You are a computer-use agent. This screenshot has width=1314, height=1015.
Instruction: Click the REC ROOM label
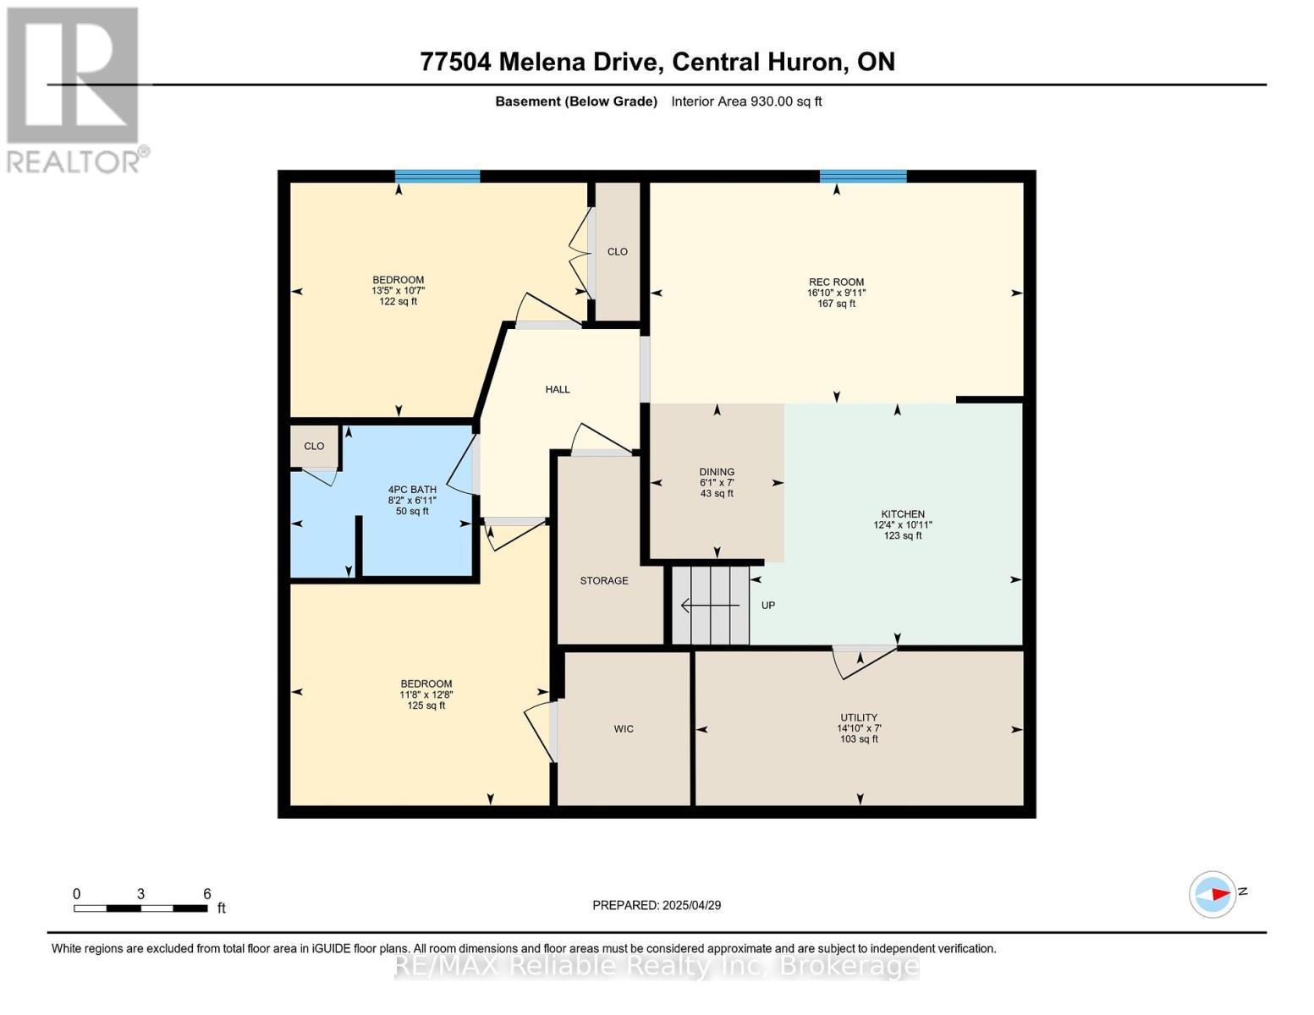pyautogui.click(x=836, y=283)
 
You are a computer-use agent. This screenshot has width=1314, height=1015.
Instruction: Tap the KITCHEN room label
pyautogui.click(x=903, y=514)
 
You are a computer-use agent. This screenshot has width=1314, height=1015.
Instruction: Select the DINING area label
pyautogui.click(x=717, y=472)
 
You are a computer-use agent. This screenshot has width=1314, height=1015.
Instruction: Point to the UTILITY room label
pyautogui.click(x=858, y=717)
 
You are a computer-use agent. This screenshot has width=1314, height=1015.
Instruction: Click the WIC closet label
pyautogui.click(x=624, y=729)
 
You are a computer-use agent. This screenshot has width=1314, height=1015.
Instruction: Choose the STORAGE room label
pyautogui.click(x=604, y=581)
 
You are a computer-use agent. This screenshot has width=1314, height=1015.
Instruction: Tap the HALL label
pyautogui.click(x=558, y=390)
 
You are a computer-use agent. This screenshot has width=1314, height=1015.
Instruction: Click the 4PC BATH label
pyautogui.click(x=412, y=490)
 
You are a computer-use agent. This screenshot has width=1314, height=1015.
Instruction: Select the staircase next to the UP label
pyautogui.click(x=711, y=606)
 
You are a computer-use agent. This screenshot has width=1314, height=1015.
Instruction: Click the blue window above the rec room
pyautogui.click(x=863, y=177)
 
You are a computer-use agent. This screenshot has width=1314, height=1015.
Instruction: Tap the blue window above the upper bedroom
pyautogui.click(x=437, y=177)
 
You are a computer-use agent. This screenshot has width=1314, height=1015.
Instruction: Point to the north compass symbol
pyautogui.click(x=1213, y=894)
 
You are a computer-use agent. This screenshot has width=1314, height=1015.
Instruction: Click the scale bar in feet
pyautogui.click(x=140, y=908)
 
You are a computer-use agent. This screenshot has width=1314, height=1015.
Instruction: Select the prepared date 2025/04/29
pyautogui.click(x=657, y=905)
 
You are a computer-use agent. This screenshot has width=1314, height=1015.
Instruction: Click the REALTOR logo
pyautogui.click(x=74, y=89)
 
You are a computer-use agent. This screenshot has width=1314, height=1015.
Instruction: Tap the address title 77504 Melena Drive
pyautogui.click(x=657, y=62)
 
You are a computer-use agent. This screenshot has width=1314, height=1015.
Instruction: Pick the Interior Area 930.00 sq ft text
pyautogui.click(x=746, y=101)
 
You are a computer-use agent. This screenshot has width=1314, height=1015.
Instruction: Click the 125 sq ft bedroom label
pyautogui.click(x=426, y=705)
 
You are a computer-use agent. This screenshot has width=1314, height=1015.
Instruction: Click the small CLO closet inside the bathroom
pyautogui.click(x=314, y=447)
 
